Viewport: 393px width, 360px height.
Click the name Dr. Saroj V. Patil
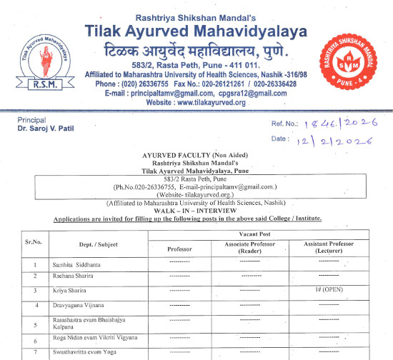point(47,129)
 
